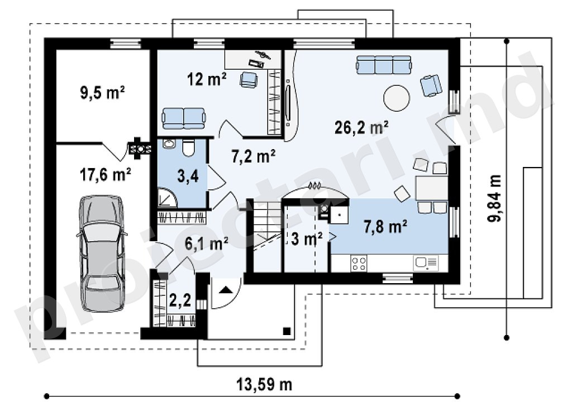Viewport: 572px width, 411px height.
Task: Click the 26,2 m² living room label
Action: [x=361, y=127]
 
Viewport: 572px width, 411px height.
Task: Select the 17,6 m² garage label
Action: [x=106, y=175]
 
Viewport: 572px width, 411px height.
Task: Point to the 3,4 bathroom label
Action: [x=188, y=176]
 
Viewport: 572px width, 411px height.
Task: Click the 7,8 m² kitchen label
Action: [x=385, y=227]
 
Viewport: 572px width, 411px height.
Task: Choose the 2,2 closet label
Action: [x=180, y=300]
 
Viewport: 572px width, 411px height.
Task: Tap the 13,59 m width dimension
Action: [x=264, y=384]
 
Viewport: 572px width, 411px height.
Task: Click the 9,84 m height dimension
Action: [x=495, y=198]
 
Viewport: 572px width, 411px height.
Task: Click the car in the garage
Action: [x=102, y=253]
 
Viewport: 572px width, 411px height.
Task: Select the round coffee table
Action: [x=397, y=98]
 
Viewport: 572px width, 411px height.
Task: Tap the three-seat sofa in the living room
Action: [x=384, y=65]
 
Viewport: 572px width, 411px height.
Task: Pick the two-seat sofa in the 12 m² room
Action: [x=183, y=118]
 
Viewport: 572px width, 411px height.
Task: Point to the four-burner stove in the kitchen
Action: [x=359, y=263]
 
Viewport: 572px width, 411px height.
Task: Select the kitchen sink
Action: [x=426, y=262]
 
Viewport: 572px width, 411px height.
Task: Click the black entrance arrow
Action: [x=226, y=290]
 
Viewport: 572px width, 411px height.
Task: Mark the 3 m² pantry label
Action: [x=307, y=239]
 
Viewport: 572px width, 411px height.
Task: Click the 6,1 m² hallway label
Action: [x=207, y=243]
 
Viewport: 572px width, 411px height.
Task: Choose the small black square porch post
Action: [x=287, y=331]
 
